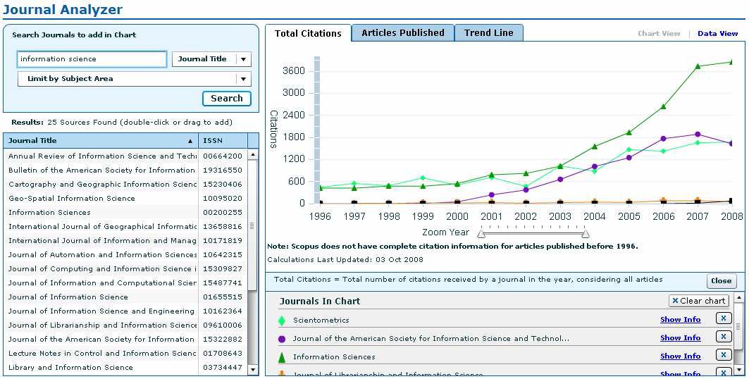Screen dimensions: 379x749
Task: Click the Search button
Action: (x=226, y=99)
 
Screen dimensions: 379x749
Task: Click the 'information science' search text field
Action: (x=92, y=59)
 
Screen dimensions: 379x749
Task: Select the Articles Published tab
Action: (x=402, y=33)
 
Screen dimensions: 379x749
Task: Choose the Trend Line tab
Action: (x=488, y=33)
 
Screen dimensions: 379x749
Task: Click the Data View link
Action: (x=717, y=34)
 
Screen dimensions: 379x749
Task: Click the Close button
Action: (x=721, y=281)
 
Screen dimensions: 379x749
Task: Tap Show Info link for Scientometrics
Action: (x=680, y=320)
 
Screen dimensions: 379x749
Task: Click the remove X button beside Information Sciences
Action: (x=724, y=355)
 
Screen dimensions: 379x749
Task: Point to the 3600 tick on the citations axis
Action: (x=295, y=70)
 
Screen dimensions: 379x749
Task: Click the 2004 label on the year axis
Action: (x=595, y=216)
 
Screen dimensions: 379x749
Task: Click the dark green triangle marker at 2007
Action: (x=697, y=66)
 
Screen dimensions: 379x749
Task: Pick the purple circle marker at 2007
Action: (x=697, y=134)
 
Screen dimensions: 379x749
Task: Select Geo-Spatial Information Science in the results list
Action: (x=72, y=199)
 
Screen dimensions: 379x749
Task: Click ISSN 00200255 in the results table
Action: (x=223, y=213)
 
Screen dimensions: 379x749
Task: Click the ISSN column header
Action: (x=213, y=141)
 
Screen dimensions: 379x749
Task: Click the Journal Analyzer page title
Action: (x=63, y=10)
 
